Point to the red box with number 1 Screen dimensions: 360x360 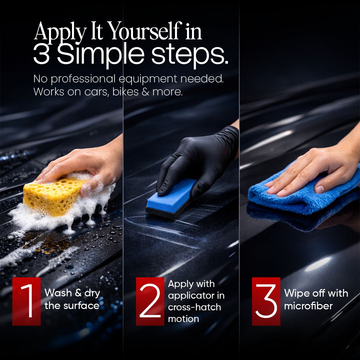pos(26,301)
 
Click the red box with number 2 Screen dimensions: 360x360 pos(150,301)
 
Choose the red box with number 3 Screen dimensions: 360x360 pos(266,301)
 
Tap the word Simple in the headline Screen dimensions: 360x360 pos(101,55)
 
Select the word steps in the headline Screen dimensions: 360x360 pos(190,55)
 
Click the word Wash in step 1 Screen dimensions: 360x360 pos(58,293)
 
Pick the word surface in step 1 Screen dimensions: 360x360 pos(81,306)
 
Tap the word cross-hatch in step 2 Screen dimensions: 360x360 pos(194,307)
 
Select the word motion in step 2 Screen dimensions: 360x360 pos(183,319)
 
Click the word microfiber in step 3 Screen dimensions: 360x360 pos(308,306)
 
